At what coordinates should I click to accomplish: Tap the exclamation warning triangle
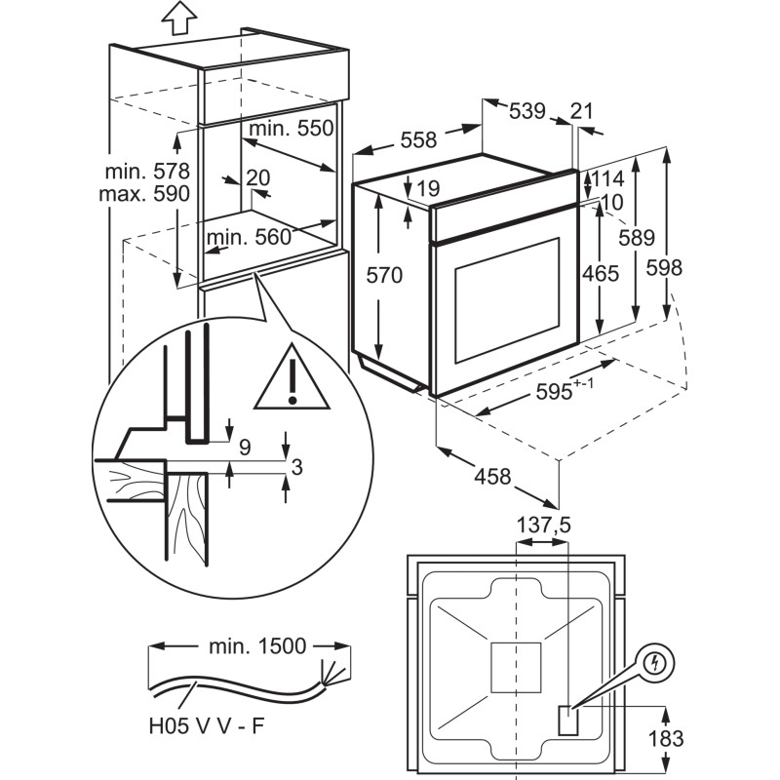(292, 380)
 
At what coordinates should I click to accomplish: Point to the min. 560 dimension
(249, 235)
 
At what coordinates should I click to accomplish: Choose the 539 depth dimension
(527, 111)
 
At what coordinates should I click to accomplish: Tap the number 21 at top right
(581, 111)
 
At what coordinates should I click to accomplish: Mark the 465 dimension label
(599, 274)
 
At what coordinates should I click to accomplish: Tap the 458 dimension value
(492, 478)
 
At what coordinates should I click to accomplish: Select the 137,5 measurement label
(542, 526)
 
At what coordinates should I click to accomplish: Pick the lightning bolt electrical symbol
(656, 665)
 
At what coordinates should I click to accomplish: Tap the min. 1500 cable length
(257, 645)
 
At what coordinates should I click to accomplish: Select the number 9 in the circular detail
(245, 448)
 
